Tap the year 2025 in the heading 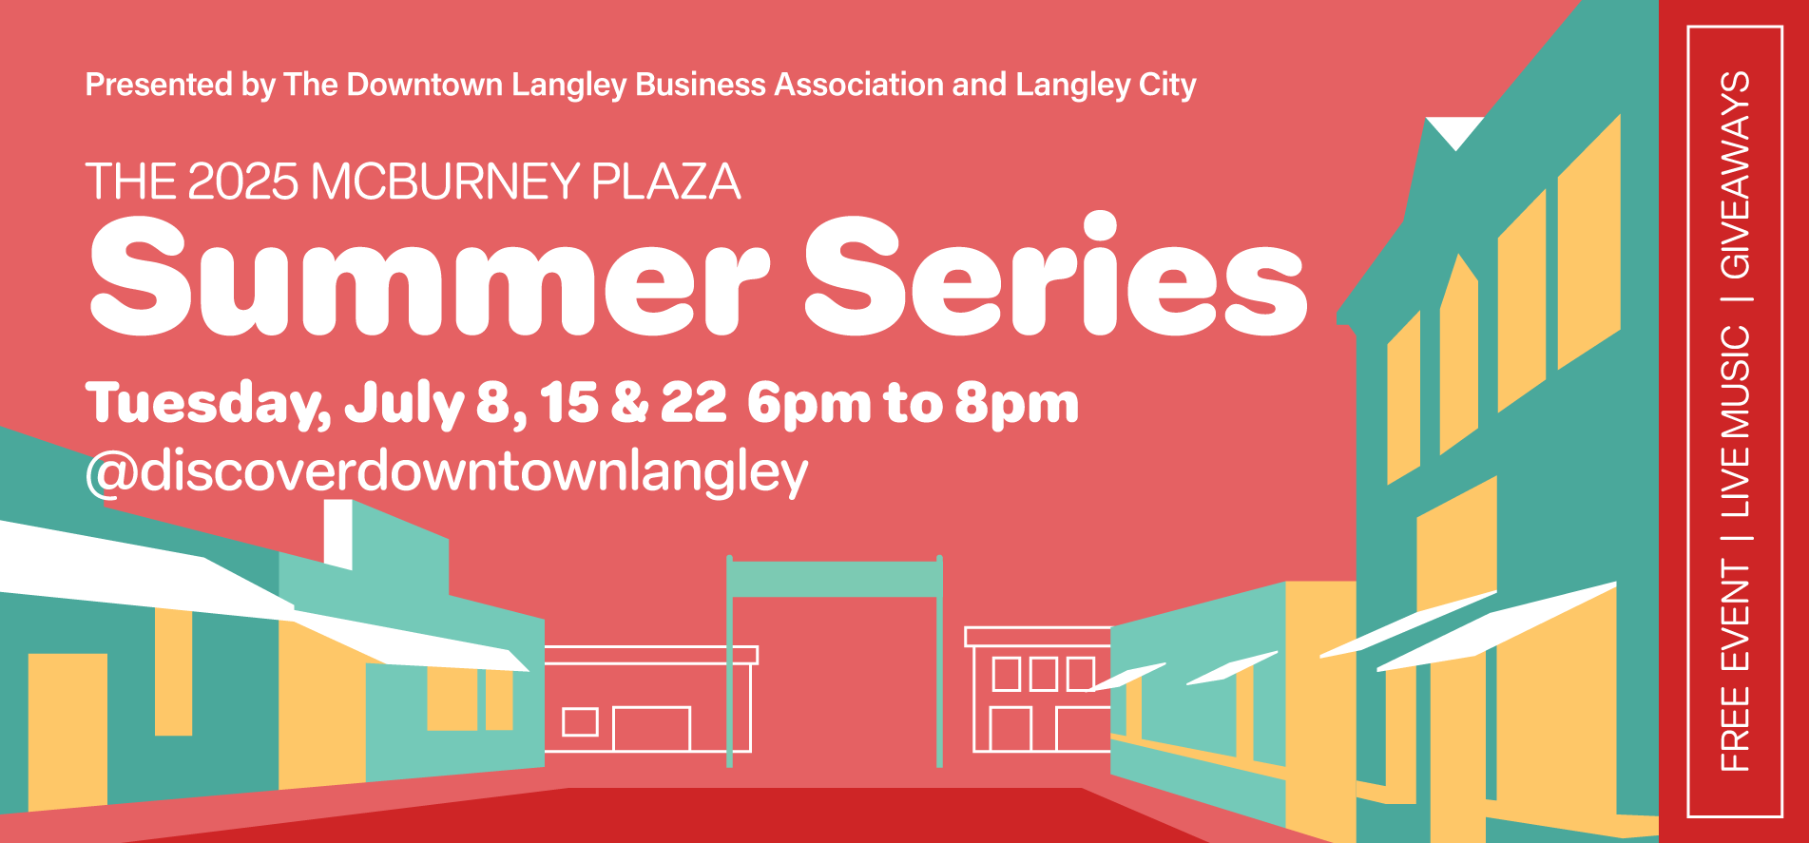[243, 182]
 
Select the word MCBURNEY [445, 182]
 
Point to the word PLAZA [665, 182]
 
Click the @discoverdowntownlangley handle [447, 472]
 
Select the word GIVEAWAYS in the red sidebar [1736, 175]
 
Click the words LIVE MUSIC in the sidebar [1736, 421]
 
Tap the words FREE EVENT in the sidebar [1736, 665]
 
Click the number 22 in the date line [693, 403]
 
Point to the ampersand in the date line [629, 403]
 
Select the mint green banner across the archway [835, 579]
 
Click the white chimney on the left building [337, 534]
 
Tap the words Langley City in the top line [1106, 86]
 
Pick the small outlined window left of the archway [580, 722]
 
